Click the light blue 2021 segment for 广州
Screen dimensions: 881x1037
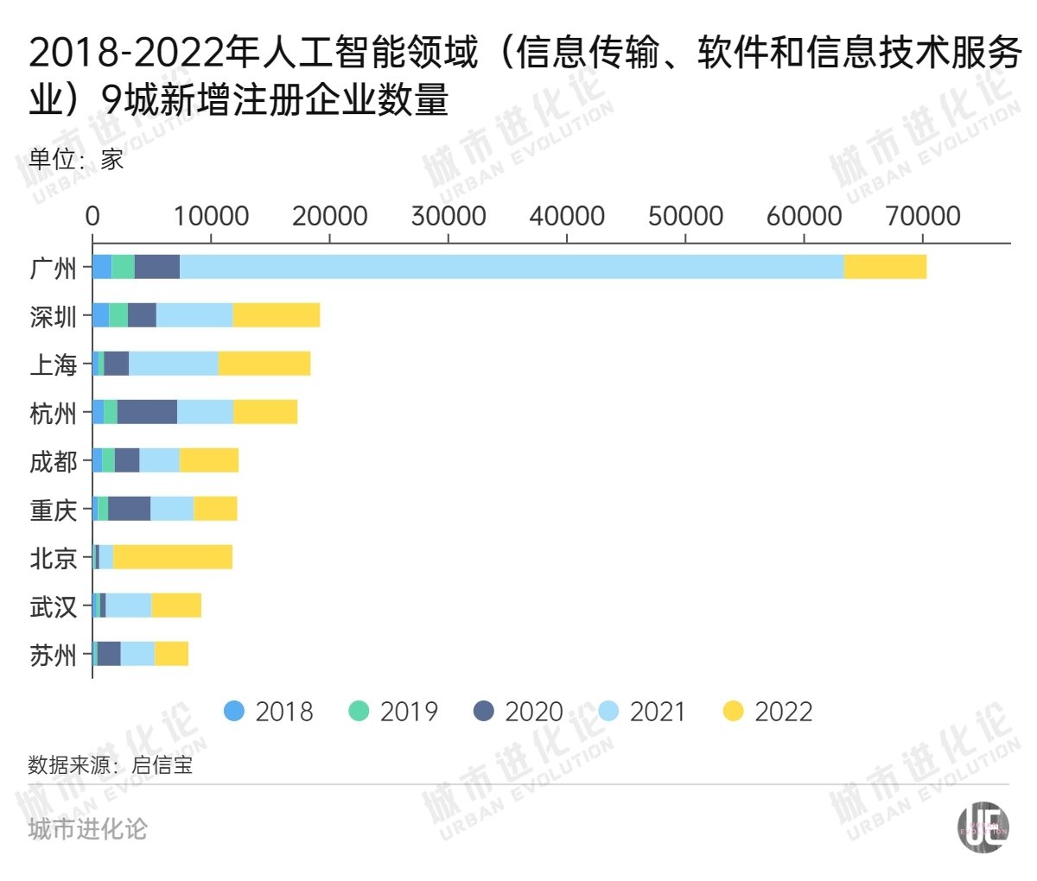pos(512,267)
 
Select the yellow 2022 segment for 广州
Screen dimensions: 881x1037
pos(885,267)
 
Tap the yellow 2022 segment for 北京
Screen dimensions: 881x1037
pos(173,557)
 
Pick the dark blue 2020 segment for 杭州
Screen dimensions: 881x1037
pos(147,412)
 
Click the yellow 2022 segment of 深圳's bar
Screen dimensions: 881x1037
pos(276,315)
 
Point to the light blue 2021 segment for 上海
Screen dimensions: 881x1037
pos(173,364)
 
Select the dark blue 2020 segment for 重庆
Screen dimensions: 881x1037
pos(129,509)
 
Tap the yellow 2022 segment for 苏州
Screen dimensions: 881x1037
pos(171,654)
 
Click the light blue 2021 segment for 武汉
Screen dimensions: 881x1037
pos(128,605)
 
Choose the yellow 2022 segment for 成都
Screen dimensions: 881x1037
pos(209,460)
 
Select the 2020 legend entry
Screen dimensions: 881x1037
pos(518,712)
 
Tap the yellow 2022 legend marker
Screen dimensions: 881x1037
pos(734,712)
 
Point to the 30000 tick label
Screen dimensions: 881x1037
pos(448,216)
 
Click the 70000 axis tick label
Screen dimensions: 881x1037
pos(923,216)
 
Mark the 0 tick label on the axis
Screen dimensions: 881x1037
pos(92,216)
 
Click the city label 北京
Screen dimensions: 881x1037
pos(54,558)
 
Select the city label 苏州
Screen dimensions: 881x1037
pos(54,655)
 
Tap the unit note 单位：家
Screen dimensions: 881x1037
pos(76,159)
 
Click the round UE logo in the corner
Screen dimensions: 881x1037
pos(983,827)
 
